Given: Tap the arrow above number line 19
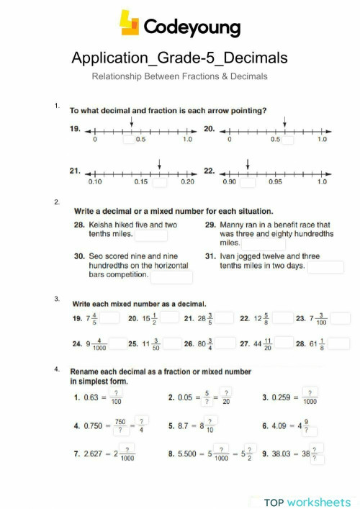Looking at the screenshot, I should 130,123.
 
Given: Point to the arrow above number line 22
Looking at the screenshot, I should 247,163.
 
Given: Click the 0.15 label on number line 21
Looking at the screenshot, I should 140,182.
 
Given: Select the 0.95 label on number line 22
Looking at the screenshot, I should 275,182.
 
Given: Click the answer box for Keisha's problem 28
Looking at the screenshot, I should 151,235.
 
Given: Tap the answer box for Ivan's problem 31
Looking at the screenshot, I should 325,266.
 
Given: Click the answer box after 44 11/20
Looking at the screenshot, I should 284,343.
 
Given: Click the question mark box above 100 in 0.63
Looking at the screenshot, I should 116,392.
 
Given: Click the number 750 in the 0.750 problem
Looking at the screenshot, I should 120,421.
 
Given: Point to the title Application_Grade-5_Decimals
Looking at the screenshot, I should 179,58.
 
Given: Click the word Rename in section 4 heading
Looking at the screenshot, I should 86,371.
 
